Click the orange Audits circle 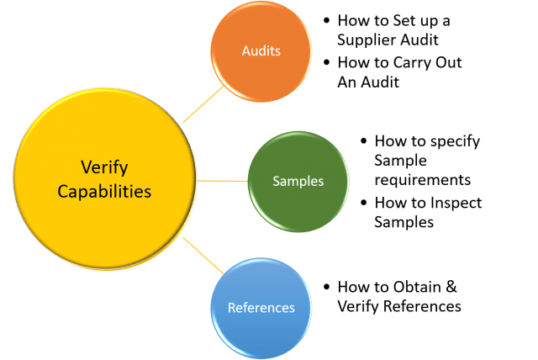point(261,51)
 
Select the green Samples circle point(298,180)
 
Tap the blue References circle point(261,308)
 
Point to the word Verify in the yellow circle point(104,167)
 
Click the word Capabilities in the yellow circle point(104,191)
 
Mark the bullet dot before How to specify point(362,141)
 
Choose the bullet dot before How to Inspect point(362,204)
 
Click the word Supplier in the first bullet point(367,40)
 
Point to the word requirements point(423,179)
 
